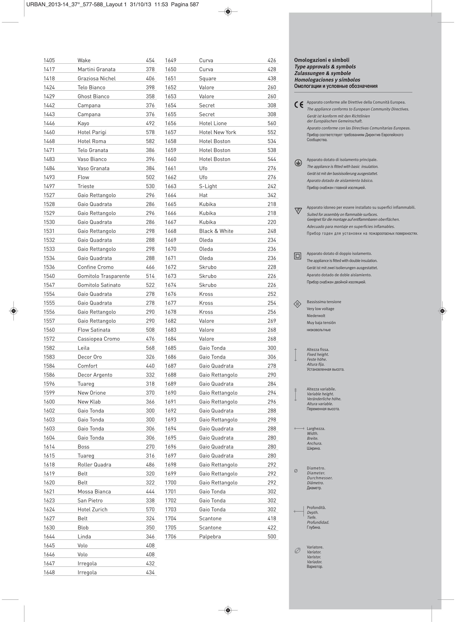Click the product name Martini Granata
[96, 69]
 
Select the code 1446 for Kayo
[49, 123]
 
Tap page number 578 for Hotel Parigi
[150, 132]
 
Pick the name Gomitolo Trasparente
[104, 276]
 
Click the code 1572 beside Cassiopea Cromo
[49, 339]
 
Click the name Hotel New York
[217, 132]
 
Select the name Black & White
[216, 231]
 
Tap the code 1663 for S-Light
[171, 186]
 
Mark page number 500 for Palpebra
[272, 537]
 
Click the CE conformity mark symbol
[299, 105]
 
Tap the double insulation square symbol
[297, 256]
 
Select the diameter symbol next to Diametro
[296, 471]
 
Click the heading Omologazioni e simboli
[322, 60]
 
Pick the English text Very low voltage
[320, 309]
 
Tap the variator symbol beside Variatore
[297, 550]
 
